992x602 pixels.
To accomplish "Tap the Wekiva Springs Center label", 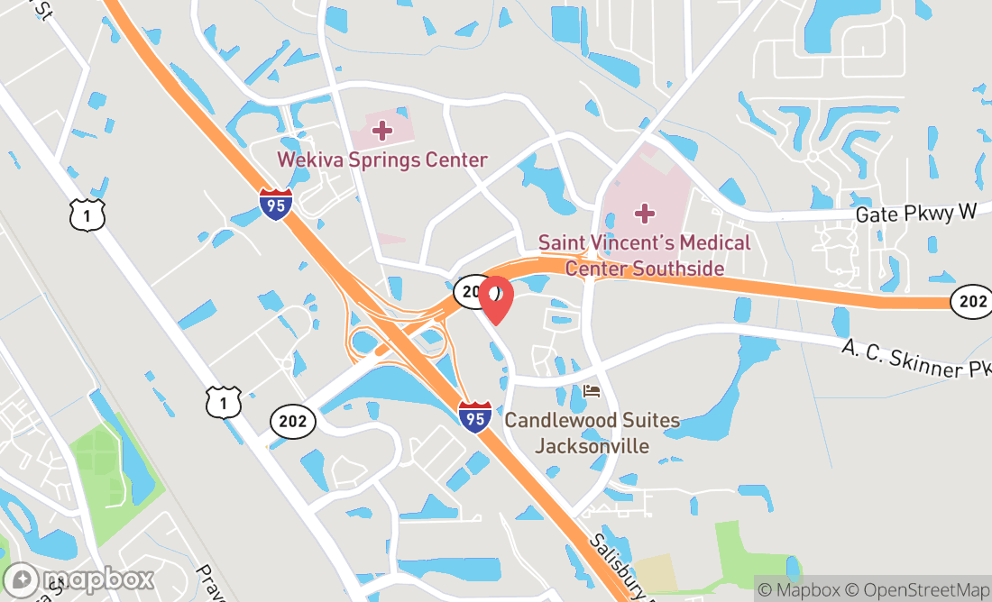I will click(381, 160).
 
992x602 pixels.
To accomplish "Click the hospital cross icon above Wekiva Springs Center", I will click(382, 131).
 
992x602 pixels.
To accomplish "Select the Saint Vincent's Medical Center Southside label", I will click(644, 255).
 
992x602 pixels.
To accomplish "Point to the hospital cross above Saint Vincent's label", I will click(644, 214).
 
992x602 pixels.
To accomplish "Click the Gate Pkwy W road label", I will click(916, 214).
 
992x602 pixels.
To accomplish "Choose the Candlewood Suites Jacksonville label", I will click(592, 433).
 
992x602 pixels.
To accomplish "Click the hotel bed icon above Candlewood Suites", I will click(592, 390).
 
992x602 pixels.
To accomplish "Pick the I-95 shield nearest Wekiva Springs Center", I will click(276, 205).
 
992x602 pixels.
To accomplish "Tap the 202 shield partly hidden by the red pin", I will click(470, 290).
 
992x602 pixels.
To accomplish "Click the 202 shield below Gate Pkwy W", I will click(972, 302).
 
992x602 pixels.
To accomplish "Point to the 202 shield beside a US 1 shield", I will click(293, 421).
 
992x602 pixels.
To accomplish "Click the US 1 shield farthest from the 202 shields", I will click(87, 214).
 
